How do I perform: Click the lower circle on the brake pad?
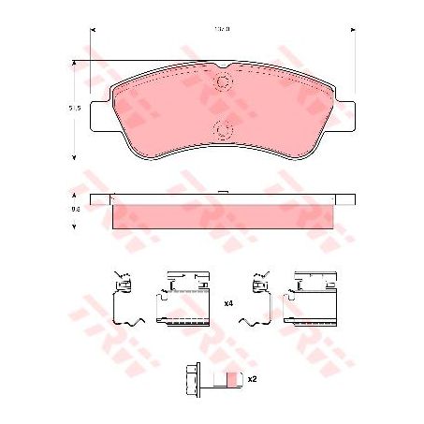pyautogui.click(x=224, y=129)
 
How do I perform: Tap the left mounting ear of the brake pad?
pyautogui.click(x=101, y=110)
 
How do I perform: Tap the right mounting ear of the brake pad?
pyautogui.click(x=345, y=110)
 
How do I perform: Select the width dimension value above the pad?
pyautogui.click(x=223, y=28)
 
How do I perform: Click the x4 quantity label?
pyautogui.click(x=227, y=304)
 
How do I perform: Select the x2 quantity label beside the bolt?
pyautogui.click(x=252, y=379)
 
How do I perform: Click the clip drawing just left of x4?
pyautogui.click(x=184, y=300)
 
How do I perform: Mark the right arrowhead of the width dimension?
pyautogui.click(x=352, y=29)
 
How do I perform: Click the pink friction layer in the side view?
pyautogui.click(x=223, y=216)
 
